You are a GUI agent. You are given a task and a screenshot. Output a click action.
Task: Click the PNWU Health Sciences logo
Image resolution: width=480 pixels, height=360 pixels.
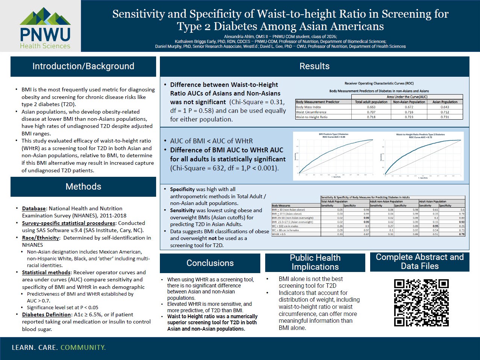(x=45, y=28)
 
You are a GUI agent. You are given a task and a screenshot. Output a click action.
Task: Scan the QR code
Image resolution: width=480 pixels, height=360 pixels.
(x=421, y=302)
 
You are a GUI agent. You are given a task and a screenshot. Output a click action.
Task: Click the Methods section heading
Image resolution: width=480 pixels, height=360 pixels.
(x=83, y=187)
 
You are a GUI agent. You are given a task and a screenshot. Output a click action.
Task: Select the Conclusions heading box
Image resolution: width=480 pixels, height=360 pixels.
(x=210, y=263)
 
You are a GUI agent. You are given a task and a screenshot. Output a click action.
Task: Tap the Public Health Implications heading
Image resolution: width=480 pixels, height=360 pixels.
(x=315, y=262)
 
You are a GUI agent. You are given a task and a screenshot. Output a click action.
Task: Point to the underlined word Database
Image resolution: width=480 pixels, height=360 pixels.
(x=34, y=208)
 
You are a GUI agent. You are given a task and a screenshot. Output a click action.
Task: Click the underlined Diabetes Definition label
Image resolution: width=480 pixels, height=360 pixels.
(x=46, y=314)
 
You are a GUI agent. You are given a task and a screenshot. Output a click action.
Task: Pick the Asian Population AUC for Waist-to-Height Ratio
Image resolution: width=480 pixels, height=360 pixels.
(x=445, y=117)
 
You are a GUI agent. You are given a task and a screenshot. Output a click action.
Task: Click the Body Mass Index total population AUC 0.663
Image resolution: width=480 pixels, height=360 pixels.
(x=371, y=107)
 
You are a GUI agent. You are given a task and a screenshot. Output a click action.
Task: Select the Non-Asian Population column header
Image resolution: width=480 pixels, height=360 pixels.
(x=409, y=102)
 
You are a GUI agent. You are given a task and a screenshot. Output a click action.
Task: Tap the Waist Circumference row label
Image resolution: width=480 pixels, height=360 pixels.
(x=311, y=112)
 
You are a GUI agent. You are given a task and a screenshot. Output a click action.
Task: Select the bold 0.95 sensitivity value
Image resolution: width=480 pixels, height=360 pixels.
(x=435, y=226)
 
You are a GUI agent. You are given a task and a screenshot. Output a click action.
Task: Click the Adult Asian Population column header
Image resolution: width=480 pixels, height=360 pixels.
(x=433, y=201)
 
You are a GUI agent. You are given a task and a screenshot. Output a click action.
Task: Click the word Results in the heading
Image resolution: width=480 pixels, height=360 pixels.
(x=314, y=66)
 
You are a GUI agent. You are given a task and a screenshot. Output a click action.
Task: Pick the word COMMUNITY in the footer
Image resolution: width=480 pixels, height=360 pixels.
(x=83, y=348)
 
